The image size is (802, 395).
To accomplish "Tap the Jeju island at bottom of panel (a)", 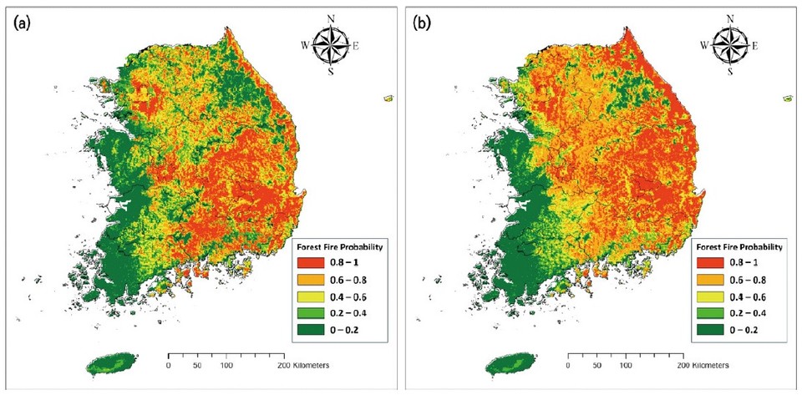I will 109,365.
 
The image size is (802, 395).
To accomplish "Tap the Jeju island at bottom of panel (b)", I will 509,365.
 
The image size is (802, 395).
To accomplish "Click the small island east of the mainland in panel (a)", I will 388,99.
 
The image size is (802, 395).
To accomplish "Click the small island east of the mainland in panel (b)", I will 788,99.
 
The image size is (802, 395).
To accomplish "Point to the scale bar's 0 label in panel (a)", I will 169,365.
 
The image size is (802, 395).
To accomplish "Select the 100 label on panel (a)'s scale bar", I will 226,365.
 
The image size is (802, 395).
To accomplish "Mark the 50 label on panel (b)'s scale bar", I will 596,365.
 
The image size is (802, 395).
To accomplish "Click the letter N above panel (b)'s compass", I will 731,18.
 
